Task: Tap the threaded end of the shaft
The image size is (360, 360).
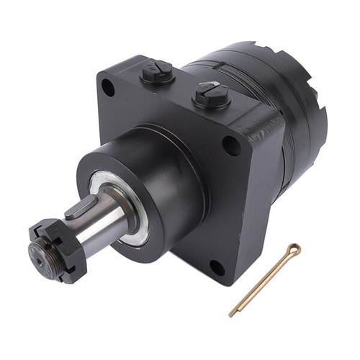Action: click(38, 253)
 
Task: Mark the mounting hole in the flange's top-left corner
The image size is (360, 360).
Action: click(108, 89)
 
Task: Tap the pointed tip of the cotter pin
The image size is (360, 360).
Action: click(231, 315)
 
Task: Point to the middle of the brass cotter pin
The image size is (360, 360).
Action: click(263, 282)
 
